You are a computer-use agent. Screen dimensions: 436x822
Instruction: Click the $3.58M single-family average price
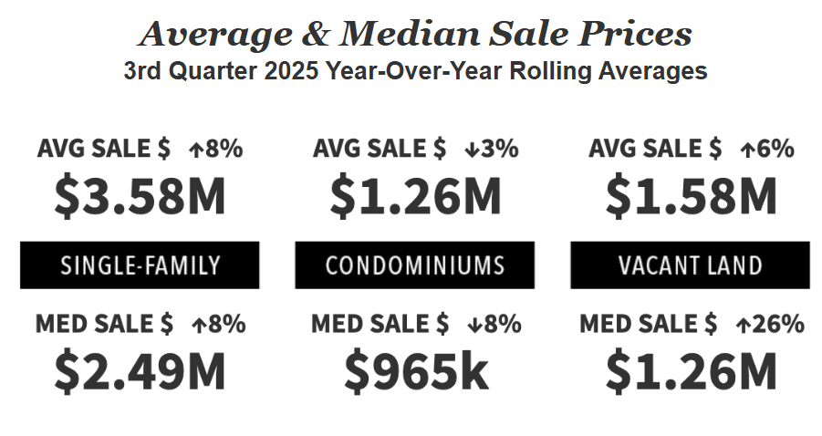pos(140,195)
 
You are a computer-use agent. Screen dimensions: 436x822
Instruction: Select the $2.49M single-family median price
pos(140,370)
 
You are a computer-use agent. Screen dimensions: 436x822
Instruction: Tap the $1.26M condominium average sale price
pos(415,195)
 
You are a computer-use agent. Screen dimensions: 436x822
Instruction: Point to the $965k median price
pos(415,370)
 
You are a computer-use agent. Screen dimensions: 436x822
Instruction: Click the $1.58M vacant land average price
pos(691,195)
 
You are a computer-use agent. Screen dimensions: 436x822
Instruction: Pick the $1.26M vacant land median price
pos(691,370)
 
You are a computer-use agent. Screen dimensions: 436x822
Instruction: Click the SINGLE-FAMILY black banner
pos(140,265)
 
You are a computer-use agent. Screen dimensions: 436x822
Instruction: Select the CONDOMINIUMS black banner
pos(415,265)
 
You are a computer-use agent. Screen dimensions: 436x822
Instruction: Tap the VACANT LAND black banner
pos(690,265)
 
